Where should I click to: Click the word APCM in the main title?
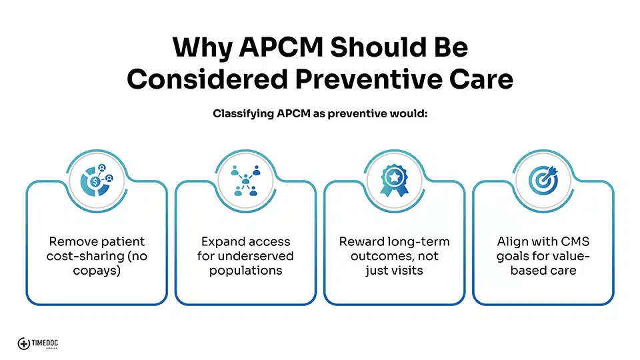point(281,47)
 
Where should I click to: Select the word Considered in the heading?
point(207,79)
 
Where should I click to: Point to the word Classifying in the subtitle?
point(243,113)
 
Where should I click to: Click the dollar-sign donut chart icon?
point(97,181)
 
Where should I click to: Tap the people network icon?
point(245,181)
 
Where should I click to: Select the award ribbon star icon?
point(394,181)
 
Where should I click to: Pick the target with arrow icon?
point(543,181)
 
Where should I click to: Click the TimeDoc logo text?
point(45,343)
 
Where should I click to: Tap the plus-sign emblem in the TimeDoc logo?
point(24,344)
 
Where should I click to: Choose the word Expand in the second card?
point(223,241)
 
